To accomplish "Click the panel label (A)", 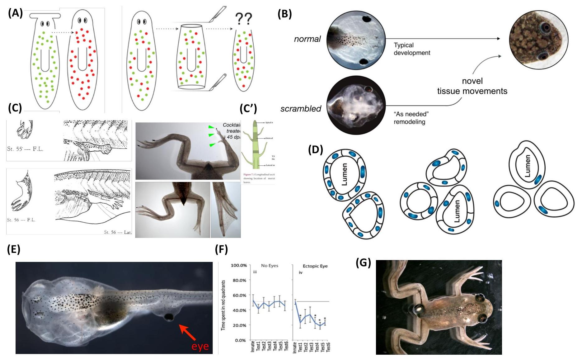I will [15, 13].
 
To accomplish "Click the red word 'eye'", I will [200, 346].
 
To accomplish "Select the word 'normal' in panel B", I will [307, 39].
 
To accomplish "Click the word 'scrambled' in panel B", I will [301, 109].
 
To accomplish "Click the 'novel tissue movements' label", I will [472, 86].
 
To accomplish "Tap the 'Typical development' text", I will [412, 49].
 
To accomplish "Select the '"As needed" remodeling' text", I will [411, 118].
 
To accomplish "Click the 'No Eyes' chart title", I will [270, 266].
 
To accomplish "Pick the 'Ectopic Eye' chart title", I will [315, 266].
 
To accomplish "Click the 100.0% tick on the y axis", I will [239, 265].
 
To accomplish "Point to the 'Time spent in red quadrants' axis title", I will [223, 305].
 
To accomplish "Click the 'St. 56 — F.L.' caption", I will [21, 220].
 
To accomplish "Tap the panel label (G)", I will [363, 263].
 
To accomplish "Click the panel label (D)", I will [316, 150].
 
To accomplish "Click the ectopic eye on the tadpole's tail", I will [169, 317].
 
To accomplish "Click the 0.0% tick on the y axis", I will [240, 340].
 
